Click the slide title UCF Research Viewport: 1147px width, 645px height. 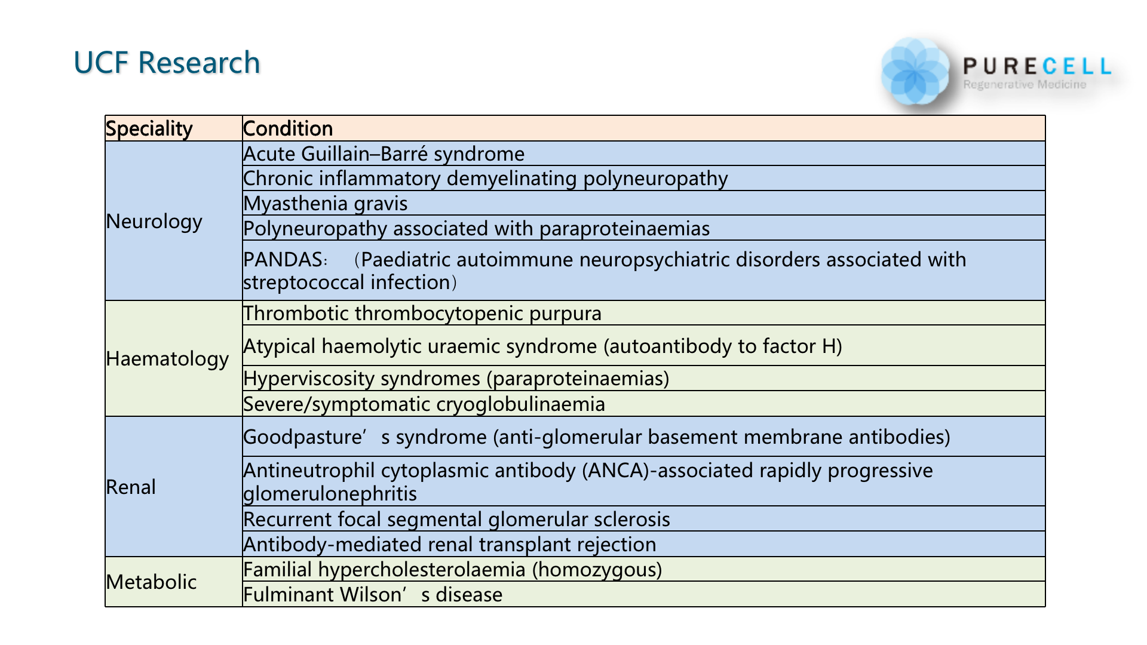167,63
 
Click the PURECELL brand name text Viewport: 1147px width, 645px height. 1037,66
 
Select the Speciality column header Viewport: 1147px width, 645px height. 149,128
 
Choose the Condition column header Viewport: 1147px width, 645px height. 288,128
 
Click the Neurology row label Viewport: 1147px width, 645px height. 154,221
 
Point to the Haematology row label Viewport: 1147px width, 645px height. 167,358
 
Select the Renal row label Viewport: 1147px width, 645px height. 131,487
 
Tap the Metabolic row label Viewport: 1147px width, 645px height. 151,582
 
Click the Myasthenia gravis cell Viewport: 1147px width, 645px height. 326,204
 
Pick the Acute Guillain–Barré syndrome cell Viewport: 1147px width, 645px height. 384,154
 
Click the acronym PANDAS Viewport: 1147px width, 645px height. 283,260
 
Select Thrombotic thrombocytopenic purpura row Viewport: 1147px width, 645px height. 422,314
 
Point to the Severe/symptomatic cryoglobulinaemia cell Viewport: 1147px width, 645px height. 424,404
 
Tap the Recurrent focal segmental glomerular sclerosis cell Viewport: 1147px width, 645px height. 457,520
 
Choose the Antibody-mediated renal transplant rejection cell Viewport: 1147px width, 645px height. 450,545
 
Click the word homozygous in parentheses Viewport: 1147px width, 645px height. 597,570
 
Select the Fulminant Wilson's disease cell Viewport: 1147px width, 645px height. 373,595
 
